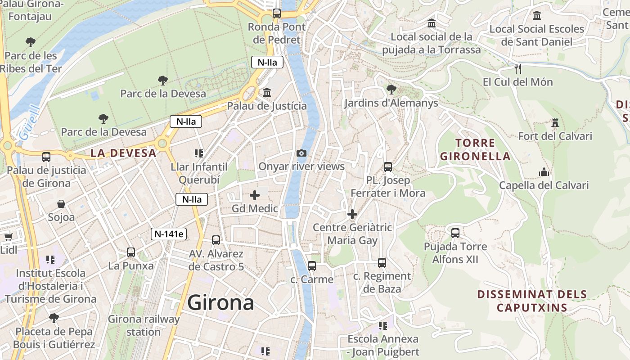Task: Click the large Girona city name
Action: pos(220,302)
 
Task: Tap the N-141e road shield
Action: pos(170,234)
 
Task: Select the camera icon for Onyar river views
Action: pos(301,153)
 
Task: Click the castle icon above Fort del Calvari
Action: pos(555,123)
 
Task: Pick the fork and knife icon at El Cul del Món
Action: pos(517,69)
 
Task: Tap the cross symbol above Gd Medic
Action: pos(255,195)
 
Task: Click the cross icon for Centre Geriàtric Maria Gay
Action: pos(352,214)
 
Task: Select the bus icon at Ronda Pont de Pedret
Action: pos(277,13)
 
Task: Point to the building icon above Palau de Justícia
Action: pos(267,93)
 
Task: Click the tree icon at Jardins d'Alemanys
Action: pos(391,90)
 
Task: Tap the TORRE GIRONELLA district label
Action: pos(475,150)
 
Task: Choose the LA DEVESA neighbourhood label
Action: pos(123,153)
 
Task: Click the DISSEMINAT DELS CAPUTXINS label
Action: pos(532,301)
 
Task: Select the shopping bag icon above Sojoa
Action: pos(61,204)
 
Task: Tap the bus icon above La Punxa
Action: pos(131,252)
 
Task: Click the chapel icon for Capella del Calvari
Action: pos(544,172)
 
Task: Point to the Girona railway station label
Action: pos(144,325)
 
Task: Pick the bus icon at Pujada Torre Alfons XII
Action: pos(455,233)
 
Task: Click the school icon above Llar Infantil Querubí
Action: pos(199,153)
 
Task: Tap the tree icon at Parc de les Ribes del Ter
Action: pos(31,42)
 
